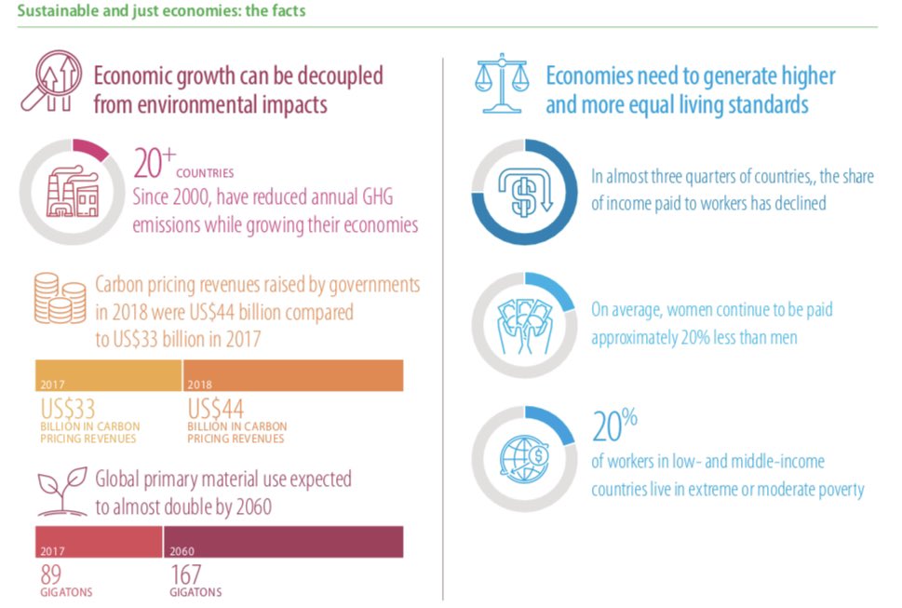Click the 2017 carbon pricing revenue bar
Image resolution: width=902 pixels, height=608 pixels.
[108, 375]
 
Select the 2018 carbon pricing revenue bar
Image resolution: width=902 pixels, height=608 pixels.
[293, 375]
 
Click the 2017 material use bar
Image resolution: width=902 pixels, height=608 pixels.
[99, 543]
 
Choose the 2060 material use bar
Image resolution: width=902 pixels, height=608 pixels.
[284, 543]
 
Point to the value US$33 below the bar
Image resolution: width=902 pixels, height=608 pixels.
[68, 410]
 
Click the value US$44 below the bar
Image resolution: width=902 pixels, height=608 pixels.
[216, 410]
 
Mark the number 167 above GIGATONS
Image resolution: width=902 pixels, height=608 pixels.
[185, 575]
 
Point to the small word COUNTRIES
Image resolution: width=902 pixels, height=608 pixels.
[205, 172]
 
